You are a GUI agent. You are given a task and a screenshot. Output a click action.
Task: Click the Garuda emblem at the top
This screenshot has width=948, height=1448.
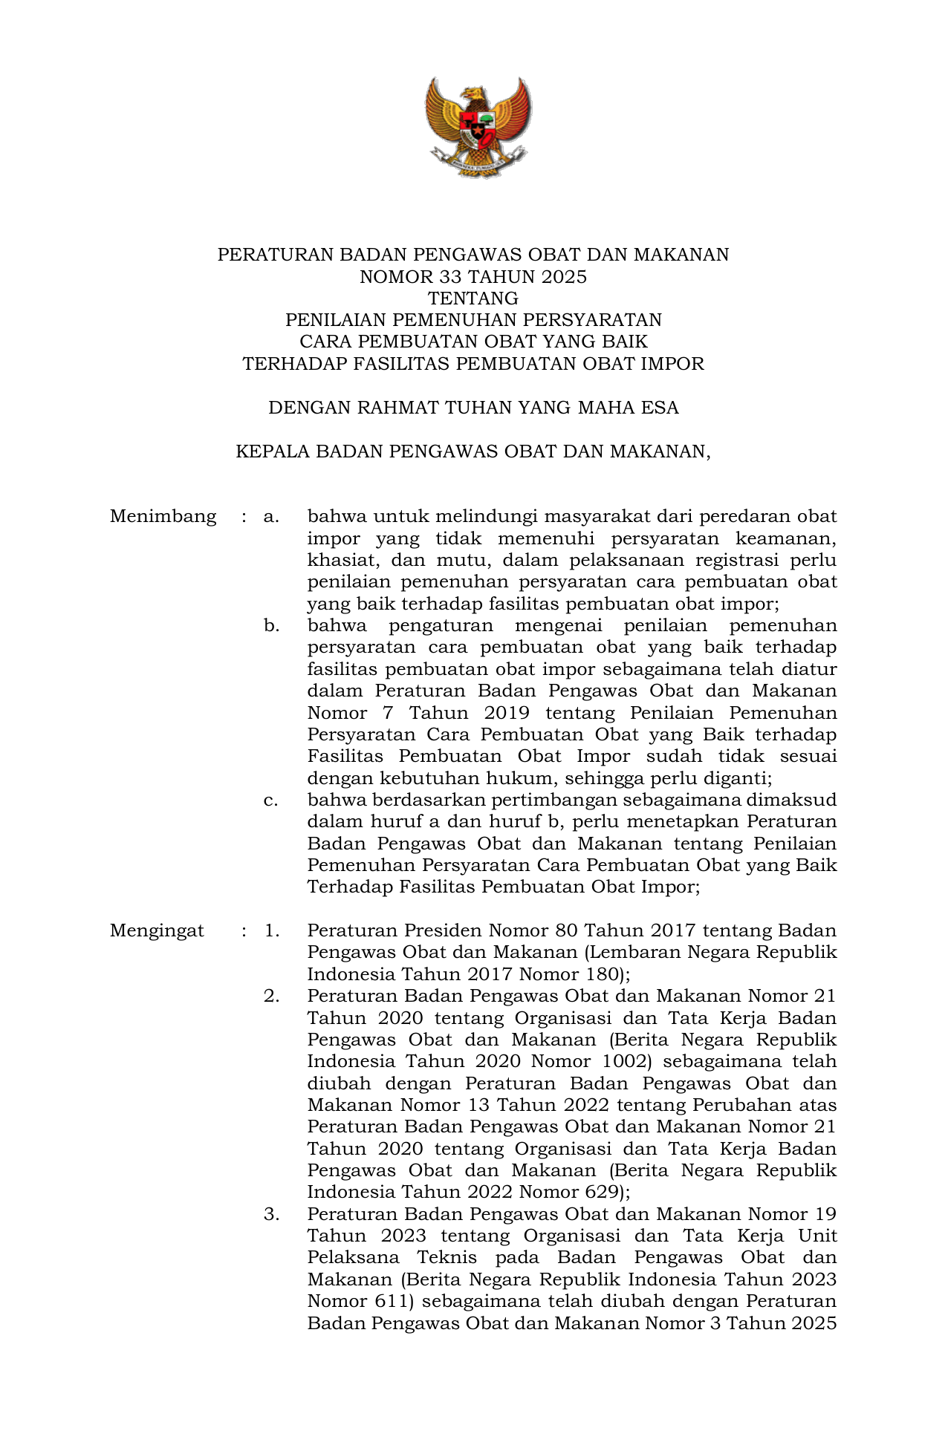(478, 127)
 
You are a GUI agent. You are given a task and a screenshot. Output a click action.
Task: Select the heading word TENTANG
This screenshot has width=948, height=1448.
(473, 299)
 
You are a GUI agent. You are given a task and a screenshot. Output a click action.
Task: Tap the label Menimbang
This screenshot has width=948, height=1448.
(163, 516)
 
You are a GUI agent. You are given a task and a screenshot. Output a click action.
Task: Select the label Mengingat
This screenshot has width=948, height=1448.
(157, 930)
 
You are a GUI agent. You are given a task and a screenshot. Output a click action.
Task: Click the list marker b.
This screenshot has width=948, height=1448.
(271, 625)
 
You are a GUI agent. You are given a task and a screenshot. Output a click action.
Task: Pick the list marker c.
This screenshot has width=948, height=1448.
(271, 800)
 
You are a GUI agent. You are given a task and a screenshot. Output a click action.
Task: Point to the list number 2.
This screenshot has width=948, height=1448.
(271, 996)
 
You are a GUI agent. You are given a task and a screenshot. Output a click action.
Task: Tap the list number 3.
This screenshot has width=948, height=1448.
(271, 1214)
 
